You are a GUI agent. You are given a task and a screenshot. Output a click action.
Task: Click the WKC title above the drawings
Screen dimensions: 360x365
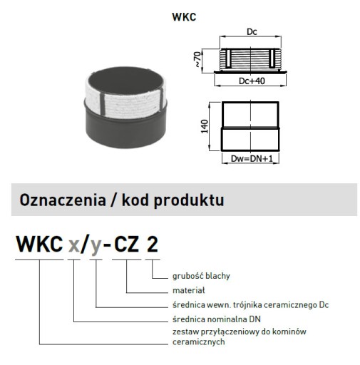(x=184, y=17)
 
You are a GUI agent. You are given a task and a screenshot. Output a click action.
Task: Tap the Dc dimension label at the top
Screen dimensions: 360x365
(x=252, y=32)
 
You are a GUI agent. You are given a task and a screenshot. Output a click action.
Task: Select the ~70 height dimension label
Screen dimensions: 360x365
(x=197, y=59)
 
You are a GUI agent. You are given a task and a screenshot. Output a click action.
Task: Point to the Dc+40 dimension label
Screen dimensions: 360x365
(x=252, y=81)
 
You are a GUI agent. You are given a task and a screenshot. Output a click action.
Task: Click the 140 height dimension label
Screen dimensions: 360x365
(x=205, y=126)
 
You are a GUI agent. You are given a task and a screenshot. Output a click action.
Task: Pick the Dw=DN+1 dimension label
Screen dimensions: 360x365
(x=252, y=158)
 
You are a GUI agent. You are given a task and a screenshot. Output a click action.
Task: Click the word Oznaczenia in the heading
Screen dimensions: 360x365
(x=63, y=200)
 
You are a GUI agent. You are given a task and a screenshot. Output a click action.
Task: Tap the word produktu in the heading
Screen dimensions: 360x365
(x=189, y=201)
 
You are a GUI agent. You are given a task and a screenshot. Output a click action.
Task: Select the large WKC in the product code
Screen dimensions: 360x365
(x=39, y=244)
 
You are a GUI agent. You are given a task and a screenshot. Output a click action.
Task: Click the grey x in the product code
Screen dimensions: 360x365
(x=73, y=246)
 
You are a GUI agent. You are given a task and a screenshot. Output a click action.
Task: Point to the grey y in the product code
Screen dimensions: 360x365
(x=96, y=247)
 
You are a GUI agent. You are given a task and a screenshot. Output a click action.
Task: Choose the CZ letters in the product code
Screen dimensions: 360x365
(x=127, y=244)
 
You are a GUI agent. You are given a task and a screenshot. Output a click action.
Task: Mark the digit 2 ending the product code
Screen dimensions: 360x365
(x=152, y=244)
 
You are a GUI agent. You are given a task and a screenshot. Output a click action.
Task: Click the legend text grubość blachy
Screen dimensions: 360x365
(x=201, y=276)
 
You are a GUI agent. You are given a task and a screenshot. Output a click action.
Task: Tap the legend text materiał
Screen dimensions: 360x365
(x=189, y=290)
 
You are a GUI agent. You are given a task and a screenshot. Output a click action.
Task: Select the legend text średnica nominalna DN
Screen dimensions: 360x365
(x=217, y=319)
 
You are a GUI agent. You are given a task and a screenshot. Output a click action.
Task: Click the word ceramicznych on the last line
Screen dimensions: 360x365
(x=199, y=342)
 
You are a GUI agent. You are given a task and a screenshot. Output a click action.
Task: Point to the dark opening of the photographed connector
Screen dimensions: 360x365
(x=125, y=80)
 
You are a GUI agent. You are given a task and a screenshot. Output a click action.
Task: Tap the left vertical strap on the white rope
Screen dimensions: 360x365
(x=103, y=104)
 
